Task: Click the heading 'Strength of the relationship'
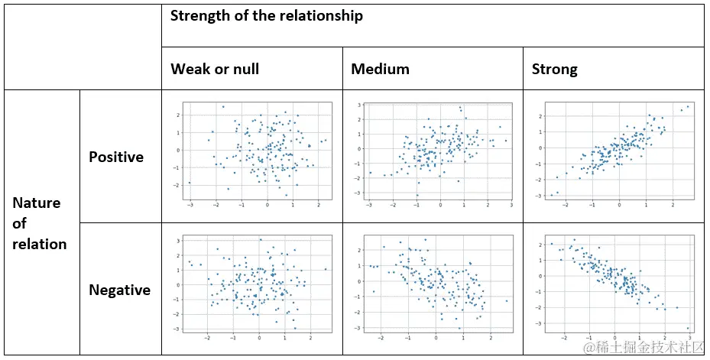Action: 267,15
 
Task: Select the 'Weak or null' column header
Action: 215,69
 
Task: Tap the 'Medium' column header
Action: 380,69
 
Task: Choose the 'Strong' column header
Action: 554,69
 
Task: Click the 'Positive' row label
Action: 116,157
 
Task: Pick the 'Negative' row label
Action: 119,290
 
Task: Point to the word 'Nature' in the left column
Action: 36,203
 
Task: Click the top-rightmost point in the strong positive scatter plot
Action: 688,107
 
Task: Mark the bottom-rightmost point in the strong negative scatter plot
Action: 687,327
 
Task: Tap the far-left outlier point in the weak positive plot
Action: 190,183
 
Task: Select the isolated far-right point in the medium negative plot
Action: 507,300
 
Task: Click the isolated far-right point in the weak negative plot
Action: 325,269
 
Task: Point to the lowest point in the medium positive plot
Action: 417,195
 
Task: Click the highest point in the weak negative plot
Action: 260,240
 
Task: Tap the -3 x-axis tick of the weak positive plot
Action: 190,204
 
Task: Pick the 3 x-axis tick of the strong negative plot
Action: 689,337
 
